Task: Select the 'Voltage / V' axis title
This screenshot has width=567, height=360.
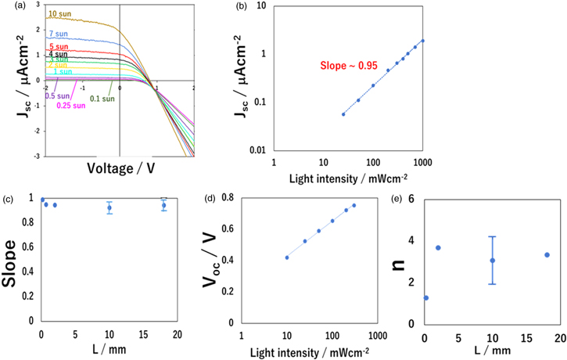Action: (x=120, y=167)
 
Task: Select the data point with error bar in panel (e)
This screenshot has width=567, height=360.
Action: (x=493, y=261)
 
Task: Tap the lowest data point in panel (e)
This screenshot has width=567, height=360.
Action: (x=425, y=297)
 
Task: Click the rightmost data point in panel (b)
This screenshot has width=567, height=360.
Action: (x=422, y=41)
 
